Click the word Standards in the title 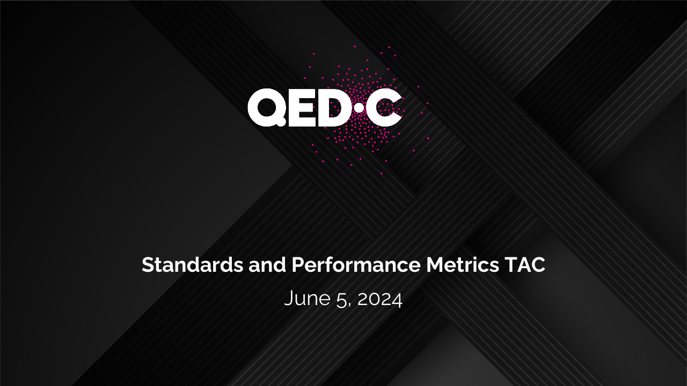pos(193,264)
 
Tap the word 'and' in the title pos(267,264)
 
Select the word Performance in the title pos(356,264)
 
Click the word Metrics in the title pos(463,264)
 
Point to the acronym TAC pos(525,264)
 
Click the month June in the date pos(308,299)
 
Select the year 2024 pos(379,299)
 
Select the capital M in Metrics pos(435,265)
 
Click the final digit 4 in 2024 pos(397,299)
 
